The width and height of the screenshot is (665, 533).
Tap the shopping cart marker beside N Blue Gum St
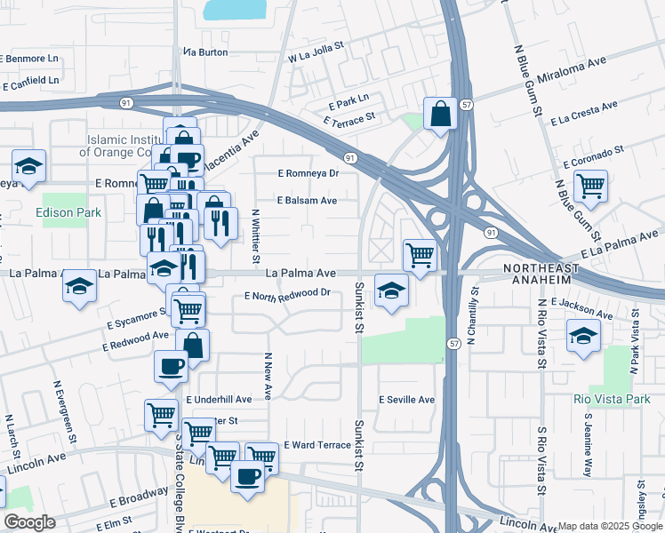tap(589, 187)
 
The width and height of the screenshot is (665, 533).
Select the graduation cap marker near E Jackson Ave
tap(583, 336)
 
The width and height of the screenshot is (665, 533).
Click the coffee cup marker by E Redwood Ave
tap(171, 366)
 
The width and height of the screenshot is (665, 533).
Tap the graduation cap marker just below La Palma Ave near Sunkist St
tap(390, 290)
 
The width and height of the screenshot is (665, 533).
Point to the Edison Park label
tap(69, 213)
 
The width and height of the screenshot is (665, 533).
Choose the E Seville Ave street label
tap(406, 400)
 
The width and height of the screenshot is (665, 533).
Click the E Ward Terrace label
tap(317, 444)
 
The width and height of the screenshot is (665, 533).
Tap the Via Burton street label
tap(205, 52)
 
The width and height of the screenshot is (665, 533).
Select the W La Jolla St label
tap(316, 52)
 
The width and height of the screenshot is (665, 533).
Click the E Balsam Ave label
tap(307, 201)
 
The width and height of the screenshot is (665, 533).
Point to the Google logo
tap(29, 522)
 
